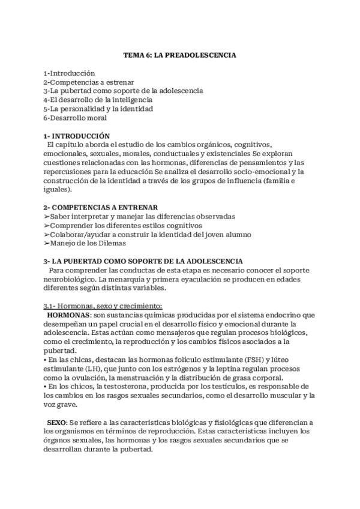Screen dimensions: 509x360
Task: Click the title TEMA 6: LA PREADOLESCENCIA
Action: pos(180,55)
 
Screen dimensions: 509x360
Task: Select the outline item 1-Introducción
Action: pos(70,72)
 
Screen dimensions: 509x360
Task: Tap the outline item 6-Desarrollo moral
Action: pos(75,118)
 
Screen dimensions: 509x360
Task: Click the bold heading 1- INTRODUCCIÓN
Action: pos(77,136)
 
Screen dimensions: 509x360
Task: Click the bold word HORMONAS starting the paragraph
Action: pos(69,315)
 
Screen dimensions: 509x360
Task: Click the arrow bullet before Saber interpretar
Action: pos(47,216)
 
